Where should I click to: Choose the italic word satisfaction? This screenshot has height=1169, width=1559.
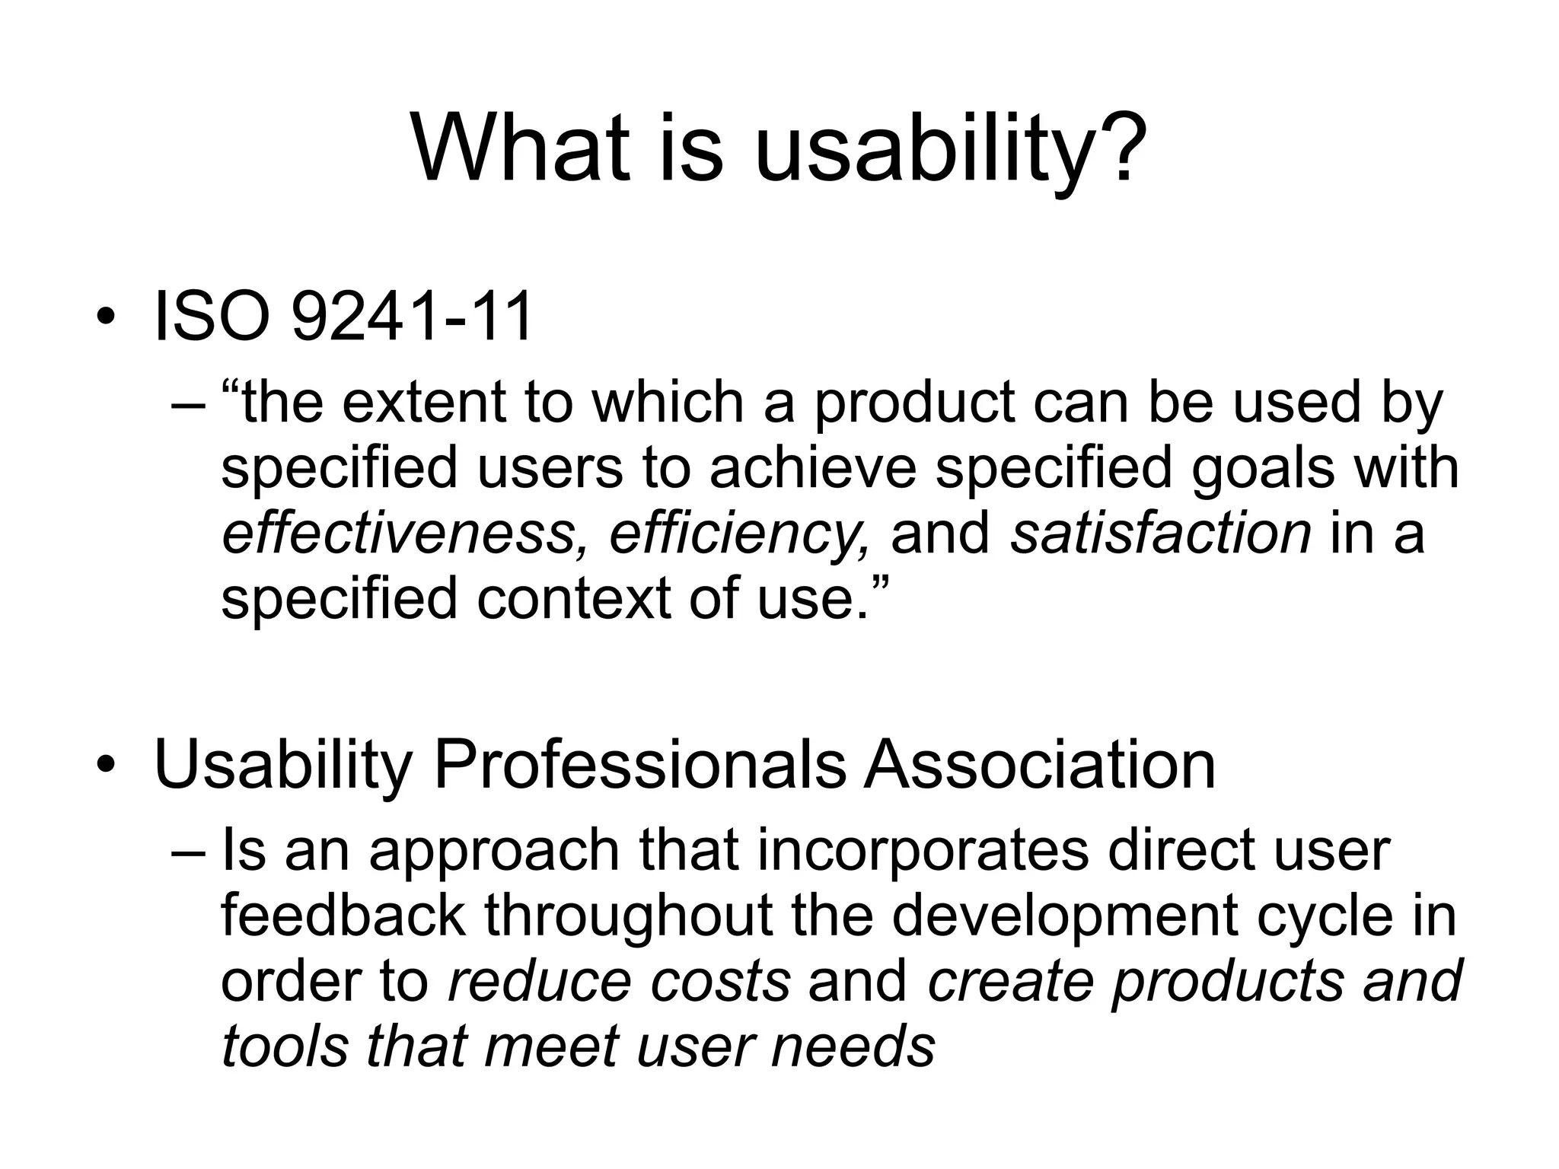pyautogui.click(x=1161, y=533)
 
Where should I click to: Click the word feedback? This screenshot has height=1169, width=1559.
pyautogui.click(x=343, y=916)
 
